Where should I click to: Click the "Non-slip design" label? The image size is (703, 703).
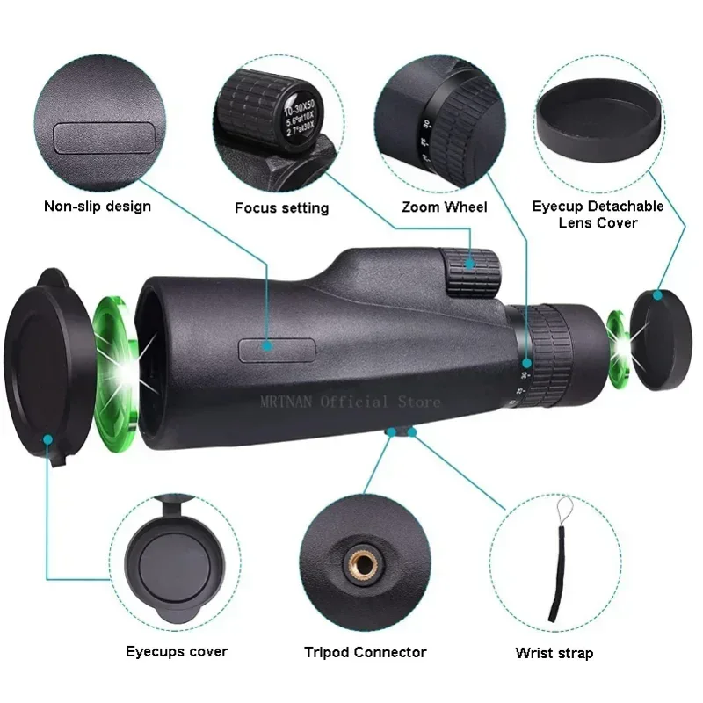pos(98,207)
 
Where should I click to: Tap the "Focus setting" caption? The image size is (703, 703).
pos(281,208)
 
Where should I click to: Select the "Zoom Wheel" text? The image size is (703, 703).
pos(444,207)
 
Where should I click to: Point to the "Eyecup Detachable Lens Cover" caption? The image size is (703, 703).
pos(598,214)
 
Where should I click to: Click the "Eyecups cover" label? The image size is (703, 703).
pos(176,651)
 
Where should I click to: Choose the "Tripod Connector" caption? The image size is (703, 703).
pos(365,652)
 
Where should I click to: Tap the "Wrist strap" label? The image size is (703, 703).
pos(554,653)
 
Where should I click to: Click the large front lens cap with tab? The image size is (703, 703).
pos(44,365)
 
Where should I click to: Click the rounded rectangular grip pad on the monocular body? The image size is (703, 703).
pos(265,348)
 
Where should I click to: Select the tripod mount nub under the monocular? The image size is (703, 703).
pos(400,431)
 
